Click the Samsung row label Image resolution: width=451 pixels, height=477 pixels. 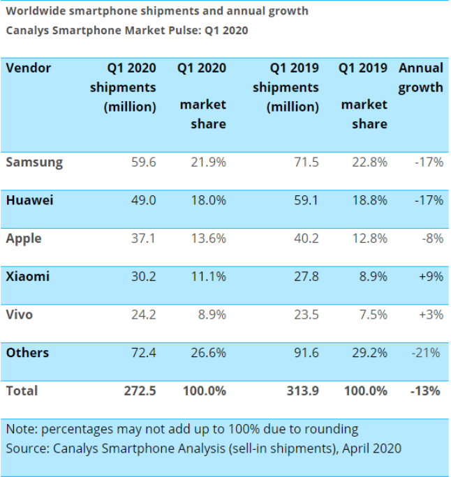click(34, 162)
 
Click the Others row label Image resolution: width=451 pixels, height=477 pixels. click(27, 353)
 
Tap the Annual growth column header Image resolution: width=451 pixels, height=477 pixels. click(420, 77)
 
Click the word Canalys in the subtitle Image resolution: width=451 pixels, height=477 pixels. click(28, 31)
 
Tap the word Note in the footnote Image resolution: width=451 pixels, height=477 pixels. click(20, 428)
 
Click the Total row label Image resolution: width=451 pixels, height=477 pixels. click(22, 391)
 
